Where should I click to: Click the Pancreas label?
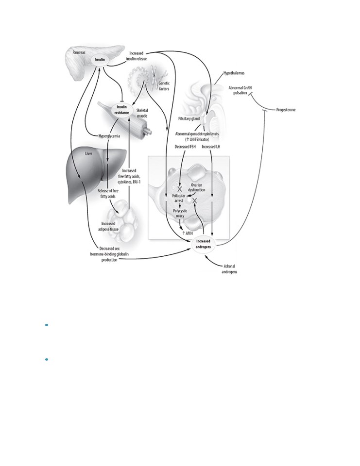(x=79, y=52)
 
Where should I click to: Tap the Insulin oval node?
(x=100, y=59)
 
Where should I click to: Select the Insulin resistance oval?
(x=121, y=110)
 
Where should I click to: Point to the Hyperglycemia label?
(x=109, y=136)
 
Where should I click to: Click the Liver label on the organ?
(x=88, y=153)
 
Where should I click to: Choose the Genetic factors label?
(x=164, y=86)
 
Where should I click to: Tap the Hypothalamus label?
(x=234, y=73)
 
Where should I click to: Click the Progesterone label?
(x=286, y=110)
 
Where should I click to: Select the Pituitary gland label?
(x=189, y=118)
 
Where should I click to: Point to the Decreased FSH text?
(x=185, y=147)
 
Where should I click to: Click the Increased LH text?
(x=211, y=147)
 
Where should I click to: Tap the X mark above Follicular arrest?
(x=179, y=189)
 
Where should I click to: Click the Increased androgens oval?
(x=203, y=244)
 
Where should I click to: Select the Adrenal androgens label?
(x=229, y=269)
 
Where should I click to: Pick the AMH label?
(x=188, y=233)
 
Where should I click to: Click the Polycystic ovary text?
(x=180, y=214)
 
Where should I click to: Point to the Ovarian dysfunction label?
(x=196, y=187)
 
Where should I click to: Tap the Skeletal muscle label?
(x=142, y=113)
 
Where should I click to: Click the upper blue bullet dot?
(x=47, y=325)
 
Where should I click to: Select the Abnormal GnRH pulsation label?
(x=240, y=90)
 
